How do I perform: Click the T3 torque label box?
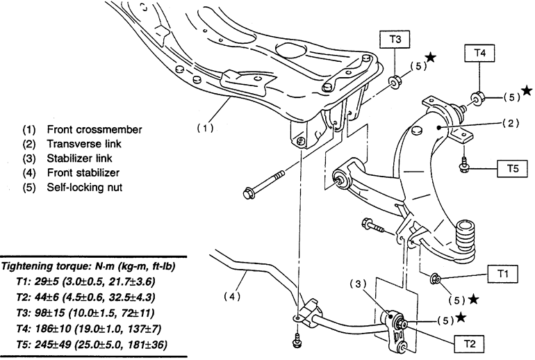point(395,40)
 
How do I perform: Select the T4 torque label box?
point(479,53)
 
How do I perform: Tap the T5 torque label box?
point(513,168)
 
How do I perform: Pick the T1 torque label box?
point(503,274)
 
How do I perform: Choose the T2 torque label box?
point(470,343)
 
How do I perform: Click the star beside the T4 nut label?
point(527,90)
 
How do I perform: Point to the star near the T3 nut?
point(431,57)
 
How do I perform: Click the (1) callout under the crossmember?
point(206,129)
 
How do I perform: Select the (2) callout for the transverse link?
point(511,123)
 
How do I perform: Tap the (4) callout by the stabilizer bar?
point(232,297)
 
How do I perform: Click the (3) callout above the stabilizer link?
point(358,284)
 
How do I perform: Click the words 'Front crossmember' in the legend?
point(94,130)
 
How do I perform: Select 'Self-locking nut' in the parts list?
point(85,188)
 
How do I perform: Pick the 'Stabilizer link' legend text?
point(79,158)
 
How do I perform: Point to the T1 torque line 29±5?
point(85,281)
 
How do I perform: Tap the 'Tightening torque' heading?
point(88,266)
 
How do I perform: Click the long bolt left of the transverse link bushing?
point(263,185)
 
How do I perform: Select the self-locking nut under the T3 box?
point(395,83)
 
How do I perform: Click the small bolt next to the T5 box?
point(463,165)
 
